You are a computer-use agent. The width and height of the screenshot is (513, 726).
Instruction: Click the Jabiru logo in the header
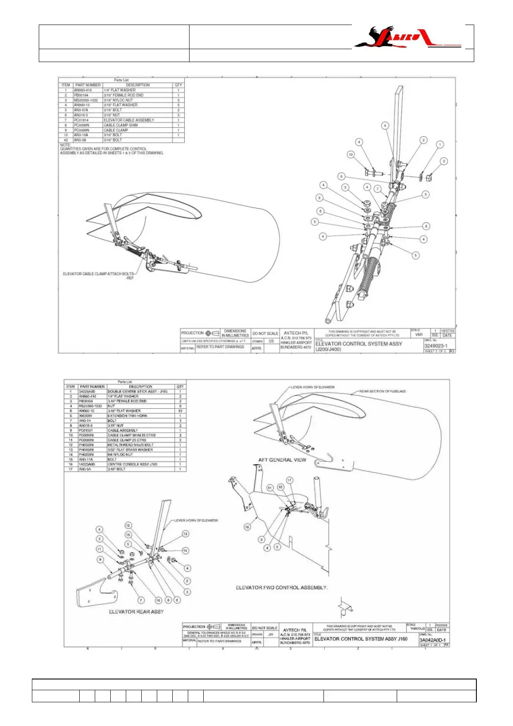click(x=407, y=38)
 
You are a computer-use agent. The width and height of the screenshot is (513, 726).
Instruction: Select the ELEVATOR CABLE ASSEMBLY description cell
click(x=129, y=120)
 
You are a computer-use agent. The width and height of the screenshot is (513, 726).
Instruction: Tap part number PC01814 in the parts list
click(x=81, y=120)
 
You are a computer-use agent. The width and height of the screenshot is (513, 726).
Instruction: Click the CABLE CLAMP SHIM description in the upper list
click(x=121, y=125)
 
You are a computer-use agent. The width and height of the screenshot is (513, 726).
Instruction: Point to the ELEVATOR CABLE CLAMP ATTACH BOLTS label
click(x=99, y=274)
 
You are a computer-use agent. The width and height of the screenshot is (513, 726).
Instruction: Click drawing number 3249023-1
click(x=436, y=346)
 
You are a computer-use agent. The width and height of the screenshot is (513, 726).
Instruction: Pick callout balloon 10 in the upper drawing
click(x=351, y=154)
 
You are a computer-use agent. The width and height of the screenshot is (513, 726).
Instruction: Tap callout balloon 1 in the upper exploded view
click(x=440, y=144)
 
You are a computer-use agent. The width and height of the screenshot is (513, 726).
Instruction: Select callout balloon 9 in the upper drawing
click(x=319, y=198)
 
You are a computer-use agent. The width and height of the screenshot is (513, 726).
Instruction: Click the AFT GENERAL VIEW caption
click(x=282, y=460)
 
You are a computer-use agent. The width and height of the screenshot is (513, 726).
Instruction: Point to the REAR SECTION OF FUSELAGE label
click(x=382, y=391)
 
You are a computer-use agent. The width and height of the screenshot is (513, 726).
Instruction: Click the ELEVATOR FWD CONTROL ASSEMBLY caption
click(x=282, y=588)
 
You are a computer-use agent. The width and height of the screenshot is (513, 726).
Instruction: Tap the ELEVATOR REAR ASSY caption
click(x=136, y=612)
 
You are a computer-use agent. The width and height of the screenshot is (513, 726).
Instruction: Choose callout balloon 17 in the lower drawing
click(x=289, y=480)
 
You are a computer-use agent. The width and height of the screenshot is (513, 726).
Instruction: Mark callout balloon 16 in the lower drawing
click(x=247, y=527)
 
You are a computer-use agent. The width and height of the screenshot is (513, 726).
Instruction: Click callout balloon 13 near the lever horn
click(x=185, y=534)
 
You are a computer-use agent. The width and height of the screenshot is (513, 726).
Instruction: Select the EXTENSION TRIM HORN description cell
click(x=127, y=416)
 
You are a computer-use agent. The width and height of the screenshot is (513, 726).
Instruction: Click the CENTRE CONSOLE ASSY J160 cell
click(x=132, y=464)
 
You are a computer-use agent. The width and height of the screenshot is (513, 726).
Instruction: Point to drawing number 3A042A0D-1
click(x=432, y=640)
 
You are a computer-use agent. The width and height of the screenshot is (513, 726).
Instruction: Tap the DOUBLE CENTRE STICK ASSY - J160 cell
click(x=137, y=391)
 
